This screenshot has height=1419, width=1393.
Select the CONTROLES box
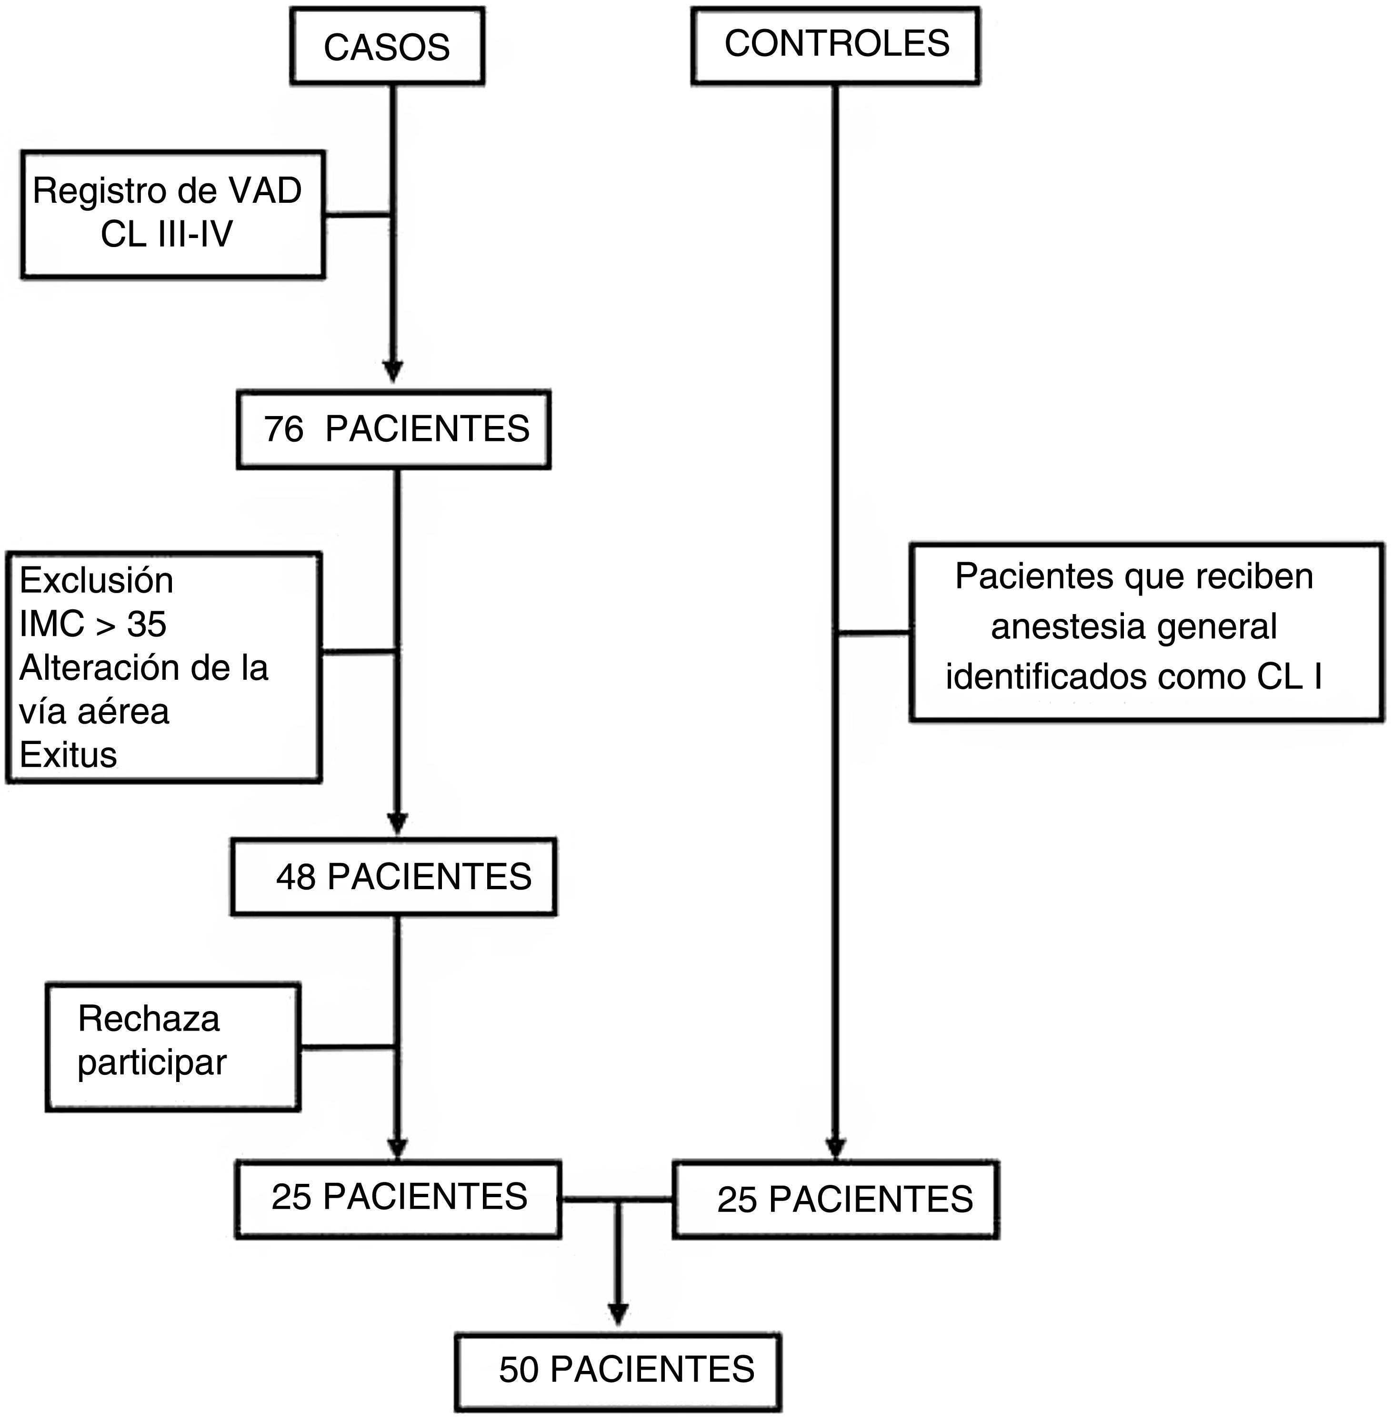coord(835,45)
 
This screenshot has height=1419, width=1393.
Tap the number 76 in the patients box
coord(283,429)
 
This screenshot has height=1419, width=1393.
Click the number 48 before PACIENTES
coord(296,877)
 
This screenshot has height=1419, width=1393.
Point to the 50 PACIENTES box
coord(618,1370)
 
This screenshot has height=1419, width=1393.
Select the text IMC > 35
coord(93,624)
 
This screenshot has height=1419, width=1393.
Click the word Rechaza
coord(149,1019)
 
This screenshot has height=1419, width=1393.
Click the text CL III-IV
coord(167,235)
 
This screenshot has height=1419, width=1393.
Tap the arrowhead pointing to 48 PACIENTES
coord(397,823)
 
